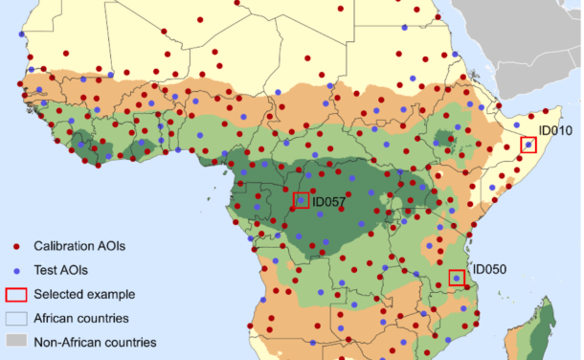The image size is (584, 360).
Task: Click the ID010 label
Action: [x=554, y=129]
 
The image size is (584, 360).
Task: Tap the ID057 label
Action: [x=328, y=202]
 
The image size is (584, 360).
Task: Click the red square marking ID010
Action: [x=528, y=145]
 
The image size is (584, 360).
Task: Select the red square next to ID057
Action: [x=302, y=200]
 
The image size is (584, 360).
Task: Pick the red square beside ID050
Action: [x=458, y=279]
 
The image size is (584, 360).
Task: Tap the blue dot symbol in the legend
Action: [x=16, y=270]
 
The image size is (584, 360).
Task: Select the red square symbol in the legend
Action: [x=16, y=294]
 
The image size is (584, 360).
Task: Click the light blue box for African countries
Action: [x=16, y=318]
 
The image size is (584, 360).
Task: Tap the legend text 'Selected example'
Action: [x=84, y=294]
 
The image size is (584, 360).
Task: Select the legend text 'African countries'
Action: [x=81, y=318]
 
